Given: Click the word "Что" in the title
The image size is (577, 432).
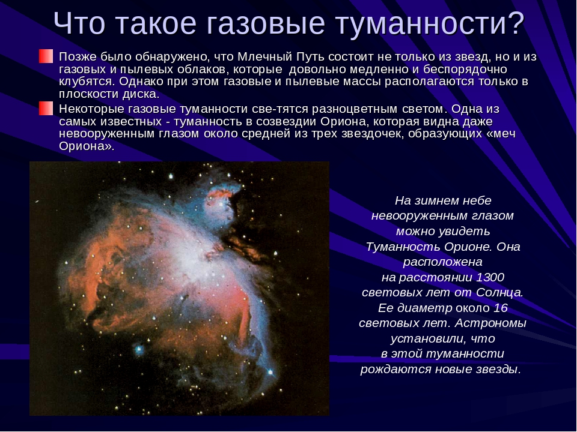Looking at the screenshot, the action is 79,23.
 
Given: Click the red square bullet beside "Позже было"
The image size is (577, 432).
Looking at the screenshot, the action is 46,56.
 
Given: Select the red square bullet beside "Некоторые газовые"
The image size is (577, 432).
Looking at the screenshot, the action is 46,109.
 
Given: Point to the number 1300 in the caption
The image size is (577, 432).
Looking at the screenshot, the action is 490,277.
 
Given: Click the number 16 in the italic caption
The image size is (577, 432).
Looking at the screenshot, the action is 501,308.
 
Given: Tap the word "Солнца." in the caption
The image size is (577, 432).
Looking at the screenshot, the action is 499,292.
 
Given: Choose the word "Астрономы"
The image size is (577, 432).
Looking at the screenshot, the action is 490,323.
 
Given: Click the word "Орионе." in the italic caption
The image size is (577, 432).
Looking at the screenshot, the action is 468,247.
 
